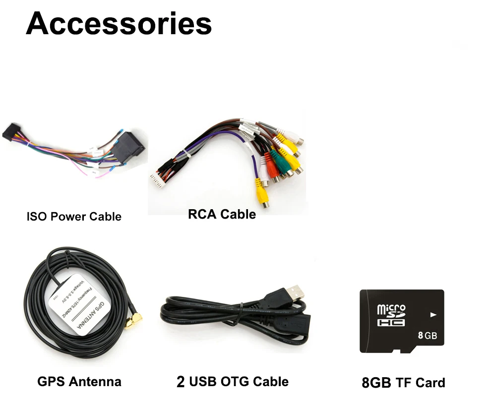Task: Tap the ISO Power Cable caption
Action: [x=74, y=217]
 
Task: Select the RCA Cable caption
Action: [x=222, y=214]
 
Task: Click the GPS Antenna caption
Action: [x=79, y=382]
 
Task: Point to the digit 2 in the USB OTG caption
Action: [x=181, y=382]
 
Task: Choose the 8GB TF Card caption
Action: [x=403, y=383]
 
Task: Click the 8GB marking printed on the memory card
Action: [x=427, y=336]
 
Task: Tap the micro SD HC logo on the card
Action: [x=391, y=315]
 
